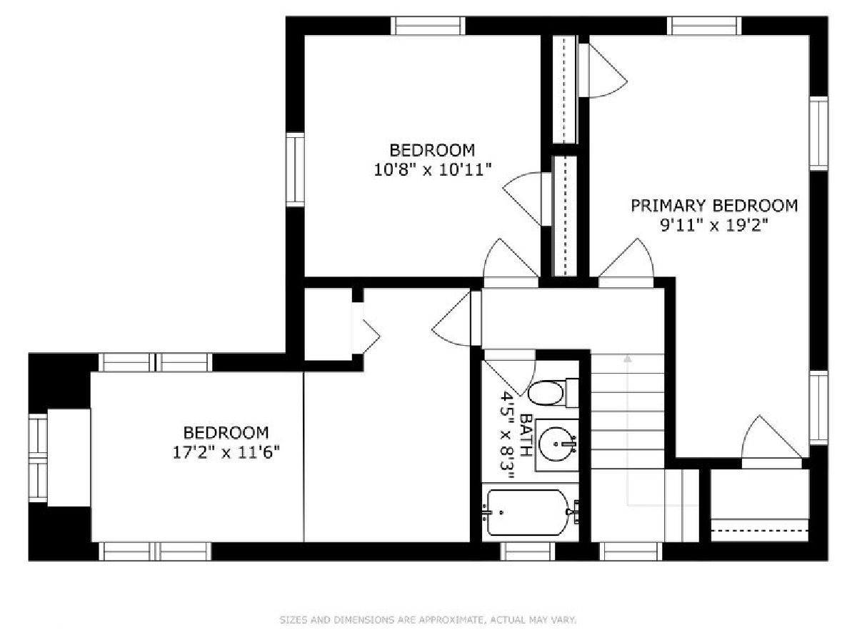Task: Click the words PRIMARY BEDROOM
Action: pos(713,206)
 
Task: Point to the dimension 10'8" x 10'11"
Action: pos(432,170)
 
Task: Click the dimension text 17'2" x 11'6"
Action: pos(226,453)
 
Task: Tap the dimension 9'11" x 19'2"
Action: pos(713,225)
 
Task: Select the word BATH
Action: pos(526,435)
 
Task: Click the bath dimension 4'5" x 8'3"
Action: pos(508,435)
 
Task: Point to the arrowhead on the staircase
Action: pos(628,358)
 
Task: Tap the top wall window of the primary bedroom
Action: pos(704,26)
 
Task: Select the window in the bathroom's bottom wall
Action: pos(528,552)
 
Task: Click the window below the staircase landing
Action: pos(630,552)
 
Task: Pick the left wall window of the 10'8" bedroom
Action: pos(295,169)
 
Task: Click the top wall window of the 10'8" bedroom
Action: pos(428,26)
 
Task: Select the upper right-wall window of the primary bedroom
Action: pos(818,134)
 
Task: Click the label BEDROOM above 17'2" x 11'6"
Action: pos(226,433)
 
